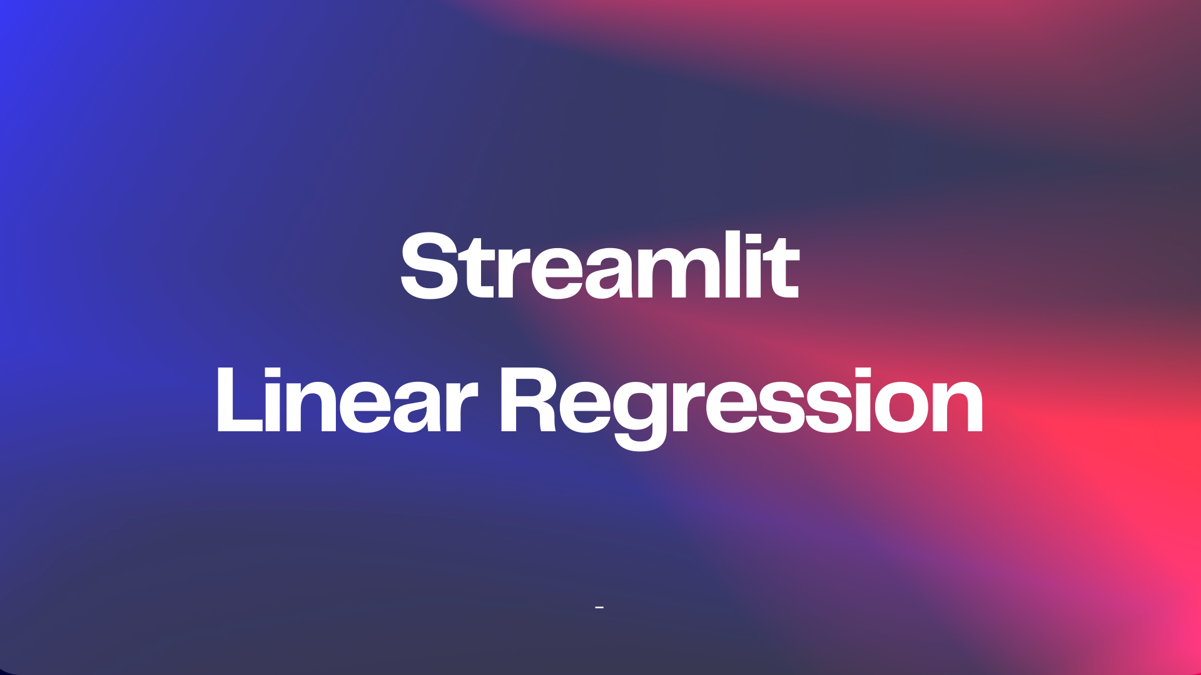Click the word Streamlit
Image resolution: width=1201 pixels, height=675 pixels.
coord(600,266)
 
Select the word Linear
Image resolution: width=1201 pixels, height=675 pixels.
coord(347,400)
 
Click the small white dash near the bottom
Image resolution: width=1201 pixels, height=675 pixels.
coord(599,607)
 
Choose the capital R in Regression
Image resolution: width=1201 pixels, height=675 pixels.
coord(529,400)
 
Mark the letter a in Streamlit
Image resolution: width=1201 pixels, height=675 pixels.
coord(610,274)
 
